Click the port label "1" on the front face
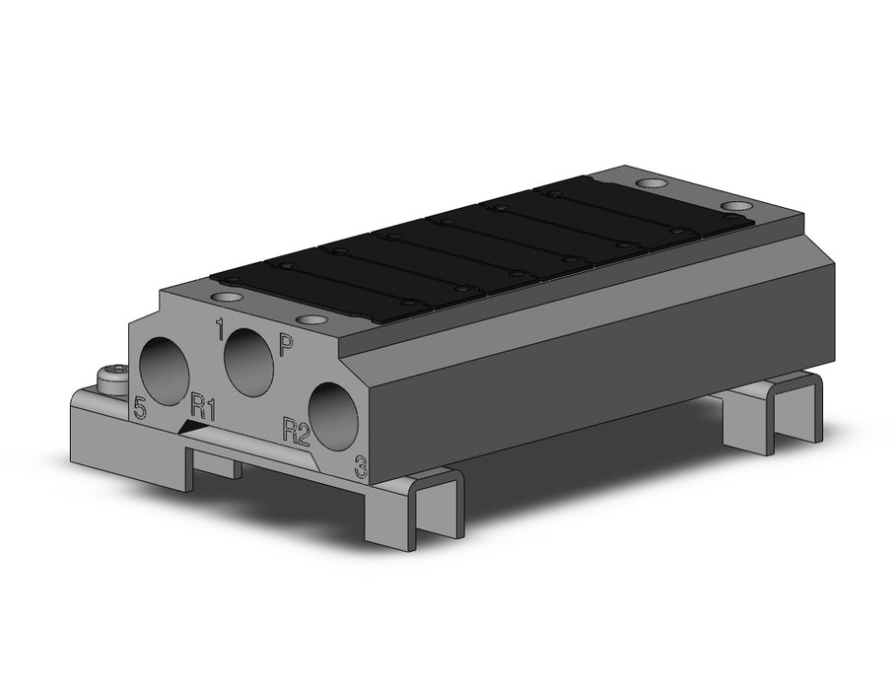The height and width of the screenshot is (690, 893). (x=219, y=329)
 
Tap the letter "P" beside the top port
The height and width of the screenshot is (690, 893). (x=285, y=345)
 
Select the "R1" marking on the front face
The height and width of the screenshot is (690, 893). (x=203, y=407)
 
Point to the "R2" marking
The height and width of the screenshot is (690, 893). (x=296, y=431)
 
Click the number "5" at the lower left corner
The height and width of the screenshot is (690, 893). (x=140, y=408)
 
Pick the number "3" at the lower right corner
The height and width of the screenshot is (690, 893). (x=361, y=466)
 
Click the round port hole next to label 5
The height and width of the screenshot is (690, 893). (x=165, y=371)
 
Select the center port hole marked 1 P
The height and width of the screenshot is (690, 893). (x=249, y=361)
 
